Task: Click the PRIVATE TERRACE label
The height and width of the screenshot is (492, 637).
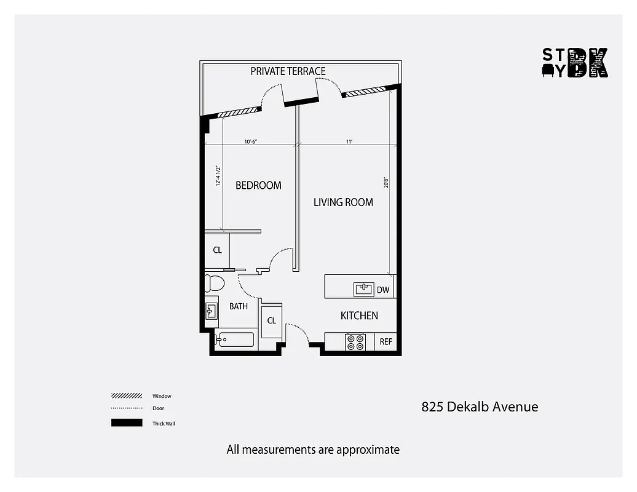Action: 288,71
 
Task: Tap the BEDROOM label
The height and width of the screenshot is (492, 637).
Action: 258,185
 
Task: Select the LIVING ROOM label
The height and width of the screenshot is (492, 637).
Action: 343,202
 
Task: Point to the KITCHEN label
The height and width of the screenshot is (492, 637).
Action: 359,315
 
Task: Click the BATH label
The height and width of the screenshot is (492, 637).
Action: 239,306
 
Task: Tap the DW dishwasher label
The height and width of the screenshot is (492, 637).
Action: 383,290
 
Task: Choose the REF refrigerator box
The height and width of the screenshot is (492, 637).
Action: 386,342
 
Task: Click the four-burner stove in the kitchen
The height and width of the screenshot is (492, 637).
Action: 355,342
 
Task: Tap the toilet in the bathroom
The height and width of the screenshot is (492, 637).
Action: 215,283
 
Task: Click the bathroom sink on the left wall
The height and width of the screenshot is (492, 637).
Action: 211,310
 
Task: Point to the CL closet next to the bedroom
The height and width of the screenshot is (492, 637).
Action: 217,250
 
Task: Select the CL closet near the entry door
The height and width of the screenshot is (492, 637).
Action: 271,320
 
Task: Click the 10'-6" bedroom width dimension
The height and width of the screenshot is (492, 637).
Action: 250,141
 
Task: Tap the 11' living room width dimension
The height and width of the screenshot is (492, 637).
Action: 349,141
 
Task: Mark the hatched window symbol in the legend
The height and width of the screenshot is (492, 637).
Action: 127,396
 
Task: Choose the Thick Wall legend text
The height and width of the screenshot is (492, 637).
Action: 164,423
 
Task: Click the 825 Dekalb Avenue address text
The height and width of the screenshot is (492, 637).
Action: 480,407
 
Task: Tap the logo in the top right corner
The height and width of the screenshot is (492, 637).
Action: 574,63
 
